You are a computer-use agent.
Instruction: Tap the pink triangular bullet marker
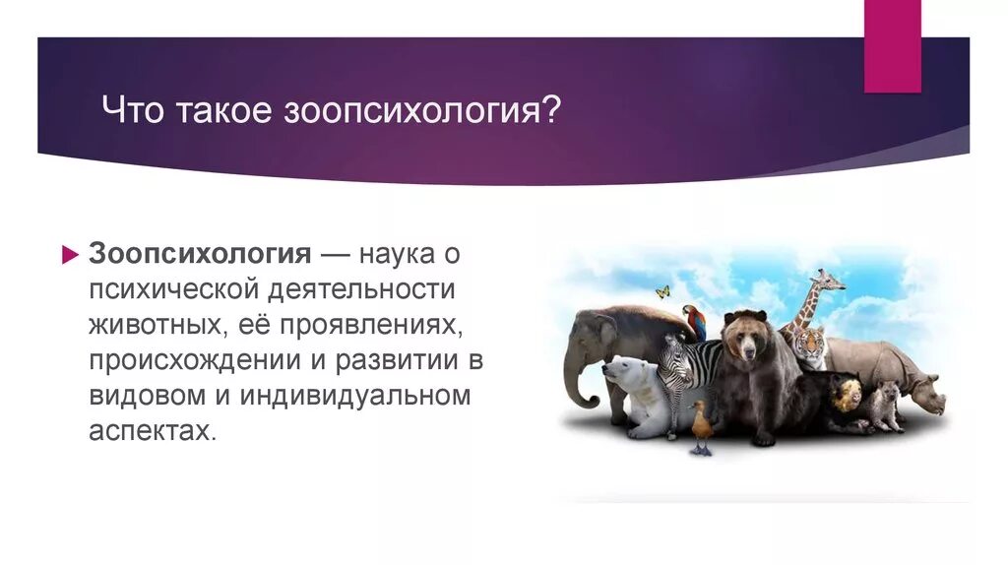click(x=70, y=255)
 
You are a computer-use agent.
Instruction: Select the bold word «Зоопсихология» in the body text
click(x=200, y=255)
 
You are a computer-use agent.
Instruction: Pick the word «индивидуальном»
click(x=354, y=395)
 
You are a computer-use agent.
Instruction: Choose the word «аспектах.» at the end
click(x=153, y=430)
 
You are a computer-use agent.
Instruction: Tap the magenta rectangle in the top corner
click(x=892, y=45)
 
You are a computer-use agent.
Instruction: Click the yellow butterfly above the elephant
click(x=662, y=291)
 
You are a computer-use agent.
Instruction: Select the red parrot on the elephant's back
click(x=695, y=322)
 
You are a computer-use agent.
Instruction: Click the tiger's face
click(x=810, y=345)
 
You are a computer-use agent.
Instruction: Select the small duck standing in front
click(x=701, y=427)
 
